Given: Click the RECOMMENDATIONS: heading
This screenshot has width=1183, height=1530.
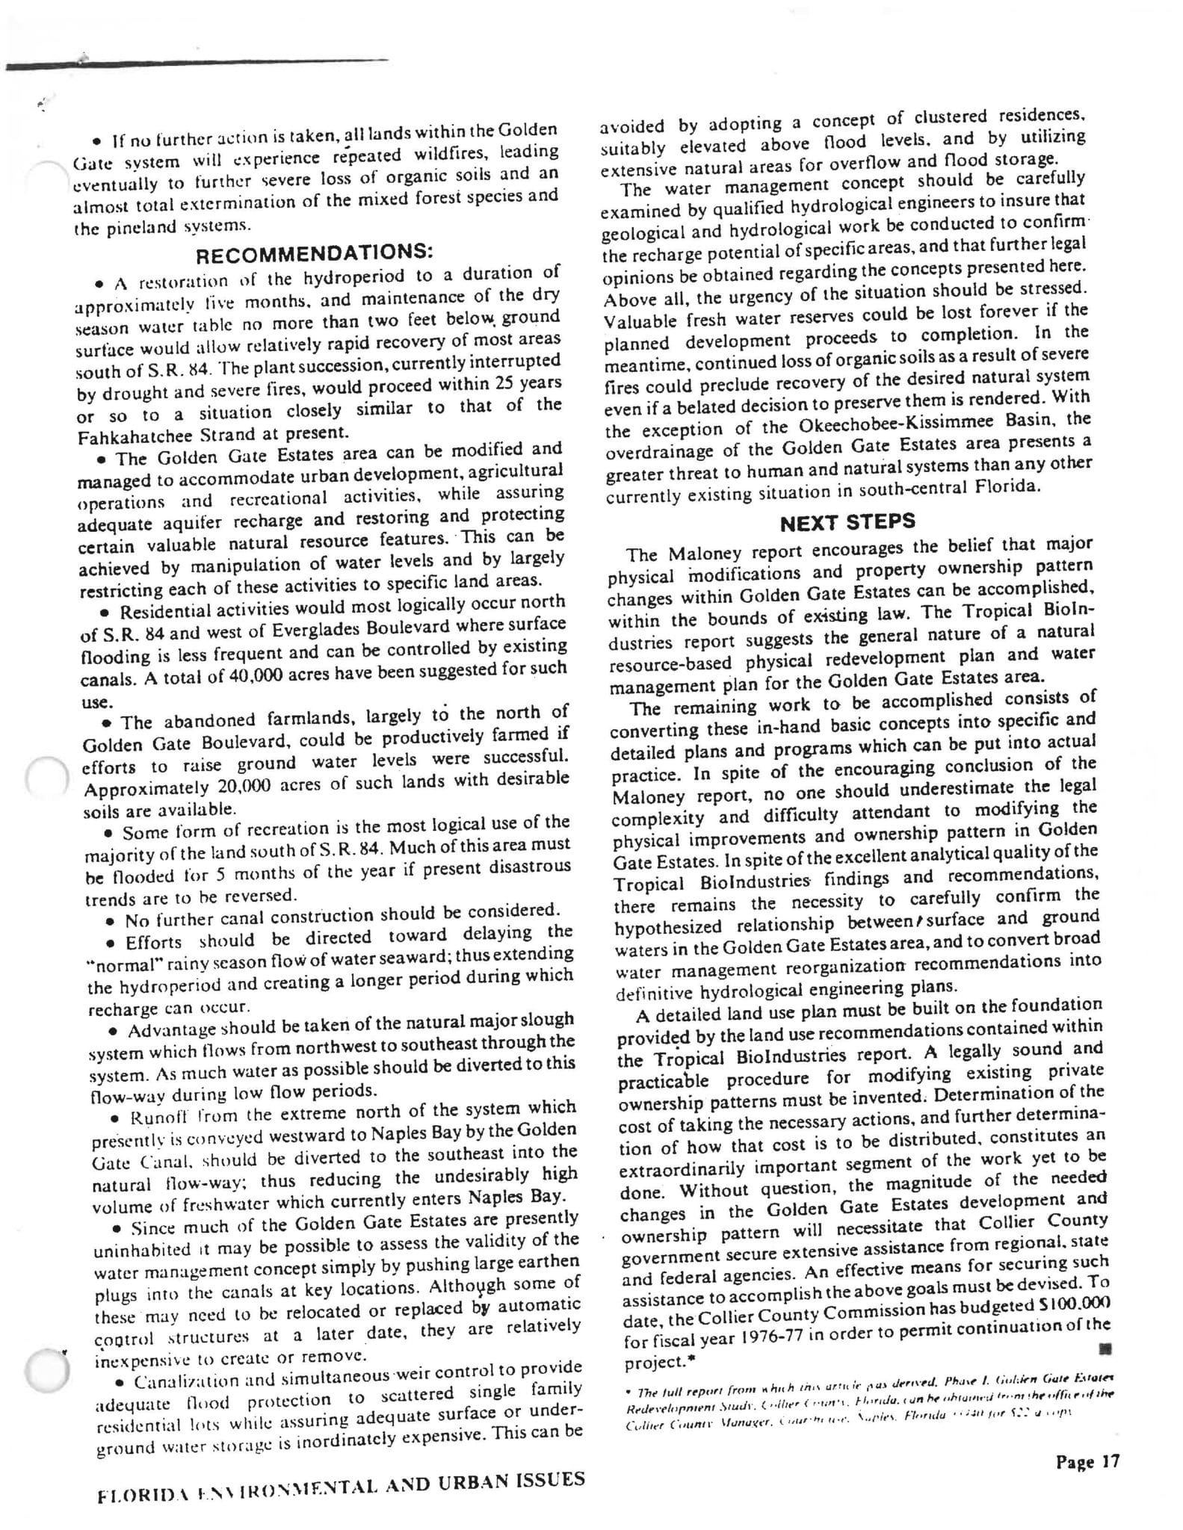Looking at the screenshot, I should click(x=314, y=251).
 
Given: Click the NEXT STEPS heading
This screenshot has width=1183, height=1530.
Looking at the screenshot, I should click(x=847, y=522).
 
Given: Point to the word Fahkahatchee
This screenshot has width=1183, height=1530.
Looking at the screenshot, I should click(x=129, y=434).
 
